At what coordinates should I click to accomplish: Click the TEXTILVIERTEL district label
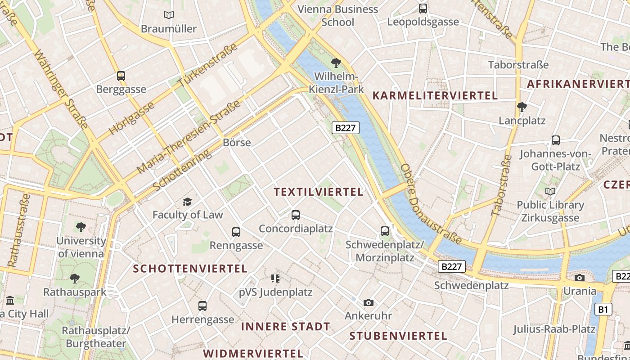(x=318, y=192)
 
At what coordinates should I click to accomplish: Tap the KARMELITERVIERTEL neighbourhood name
(x=435, y=95)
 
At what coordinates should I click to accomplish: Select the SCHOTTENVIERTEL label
(x=190, y=269)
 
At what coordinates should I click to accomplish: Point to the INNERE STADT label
(x=285, y=327)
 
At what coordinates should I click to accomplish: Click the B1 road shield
(x=603, y=309)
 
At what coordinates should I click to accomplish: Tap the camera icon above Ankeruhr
(x=368, y=302)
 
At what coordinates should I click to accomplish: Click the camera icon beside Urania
(x=580, y=278)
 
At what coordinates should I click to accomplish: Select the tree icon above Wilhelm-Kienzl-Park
(x=336, y=63)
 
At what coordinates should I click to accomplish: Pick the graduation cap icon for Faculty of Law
(x=187, y=202)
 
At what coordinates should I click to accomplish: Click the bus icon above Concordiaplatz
(x=296, y=215)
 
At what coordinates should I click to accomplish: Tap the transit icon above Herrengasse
(x=202, y=306)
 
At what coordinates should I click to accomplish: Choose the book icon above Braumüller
(x=169, y=15)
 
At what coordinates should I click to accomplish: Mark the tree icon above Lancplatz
(x=522, y=107)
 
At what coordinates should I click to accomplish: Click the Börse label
(x=237, y=143)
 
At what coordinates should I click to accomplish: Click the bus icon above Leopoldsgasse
(x=423, y=8)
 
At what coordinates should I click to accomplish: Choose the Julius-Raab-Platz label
(x=554, y=329)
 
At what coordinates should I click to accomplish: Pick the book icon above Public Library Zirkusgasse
(x=550, y=191)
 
